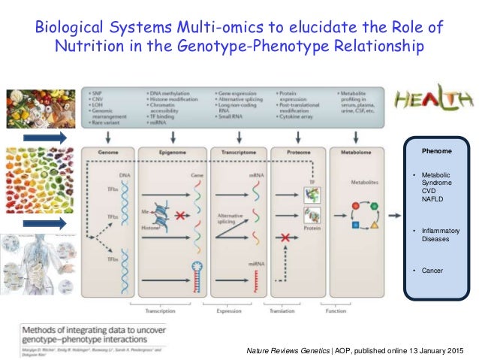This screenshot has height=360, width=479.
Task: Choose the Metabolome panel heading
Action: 355,152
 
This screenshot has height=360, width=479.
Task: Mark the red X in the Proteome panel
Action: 285,237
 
